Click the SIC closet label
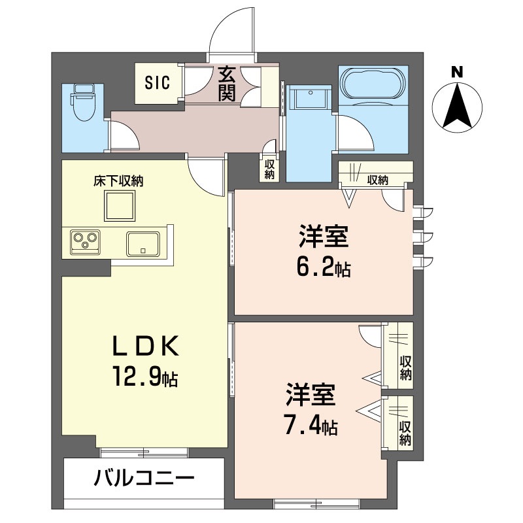click(157, 83)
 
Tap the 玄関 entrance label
click(227, 83)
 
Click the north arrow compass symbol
click(457, 107)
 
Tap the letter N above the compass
click(457, 71)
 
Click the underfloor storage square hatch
click(118, 207)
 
